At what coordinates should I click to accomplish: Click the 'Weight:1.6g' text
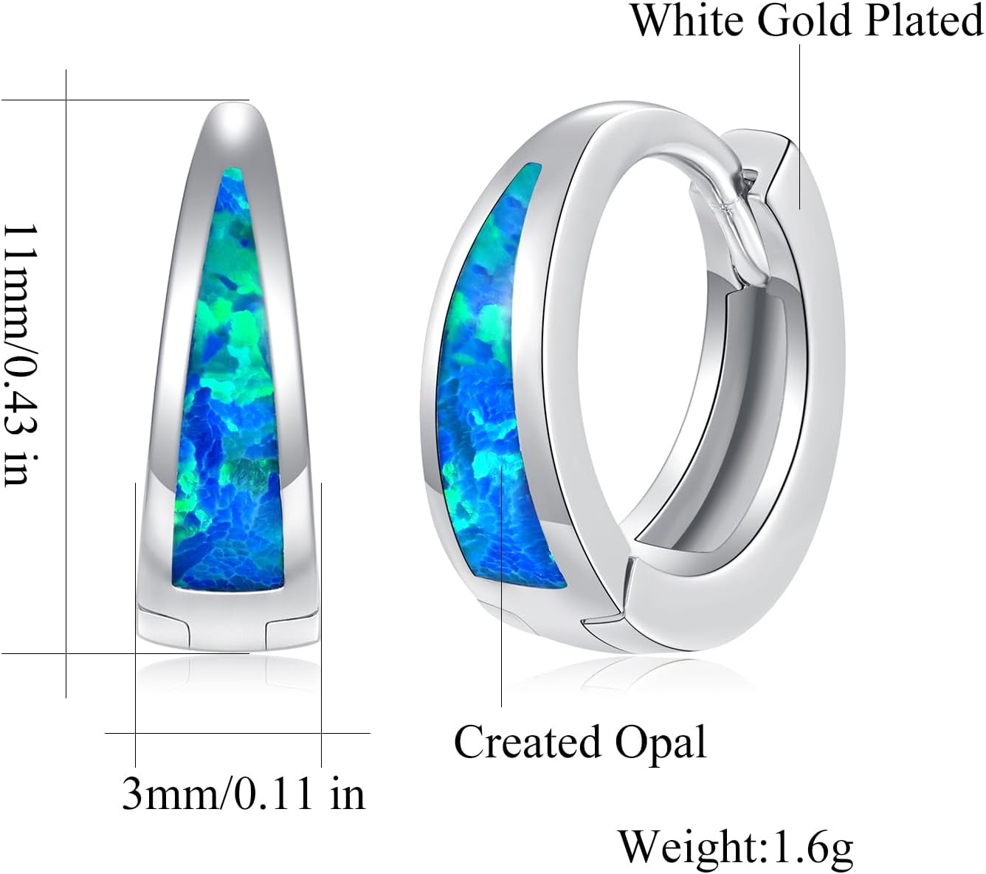[735, 846]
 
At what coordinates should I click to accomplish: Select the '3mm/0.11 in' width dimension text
[244, 794]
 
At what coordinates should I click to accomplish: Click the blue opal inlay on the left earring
[229, 384]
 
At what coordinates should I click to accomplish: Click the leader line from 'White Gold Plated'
[801, 125]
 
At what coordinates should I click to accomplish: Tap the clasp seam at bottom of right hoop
[605, 620]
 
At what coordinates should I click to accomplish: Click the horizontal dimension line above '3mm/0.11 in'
[236, 733]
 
